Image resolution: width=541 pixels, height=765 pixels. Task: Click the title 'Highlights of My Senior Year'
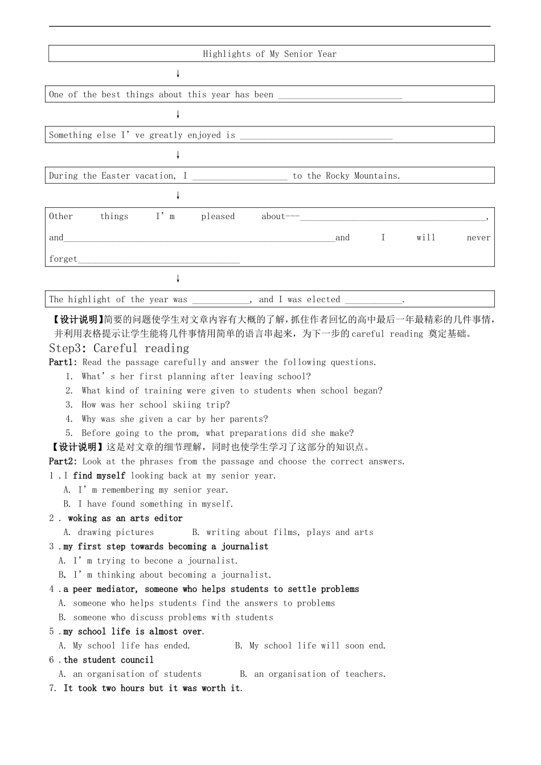coord(269,54)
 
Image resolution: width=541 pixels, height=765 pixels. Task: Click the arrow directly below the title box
coord(178,74)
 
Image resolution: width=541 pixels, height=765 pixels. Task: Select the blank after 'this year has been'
coord(339,95)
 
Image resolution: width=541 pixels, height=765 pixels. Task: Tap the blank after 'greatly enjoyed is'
coord(316,135)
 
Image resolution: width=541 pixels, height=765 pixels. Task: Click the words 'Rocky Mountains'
coord(362,176)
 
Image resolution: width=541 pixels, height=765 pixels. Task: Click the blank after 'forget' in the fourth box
coord(158,260)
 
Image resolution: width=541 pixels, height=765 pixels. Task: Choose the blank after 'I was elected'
coord(374,300)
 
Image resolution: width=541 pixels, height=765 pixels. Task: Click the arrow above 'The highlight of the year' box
coord(178,279)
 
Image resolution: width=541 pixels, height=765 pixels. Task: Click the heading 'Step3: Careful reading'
coord(119,348)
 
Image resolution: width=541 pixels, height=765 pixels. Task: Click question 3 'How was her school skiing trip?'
coord(155,405)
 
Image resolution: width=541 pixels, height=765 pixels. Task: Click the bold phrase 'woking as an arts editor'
coord(125,519)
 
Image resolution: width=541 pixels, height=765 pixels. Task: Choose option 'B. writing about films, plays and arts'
coord(282,533)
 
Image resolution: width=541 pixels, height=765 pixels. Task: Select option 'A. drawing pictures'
coord(109,533)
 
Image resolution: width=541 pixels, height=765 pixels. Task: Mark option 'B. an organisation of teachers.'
coord(313,674)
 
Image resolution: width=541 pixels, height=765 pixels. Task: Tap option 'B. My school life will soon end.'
coord(310,646)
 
